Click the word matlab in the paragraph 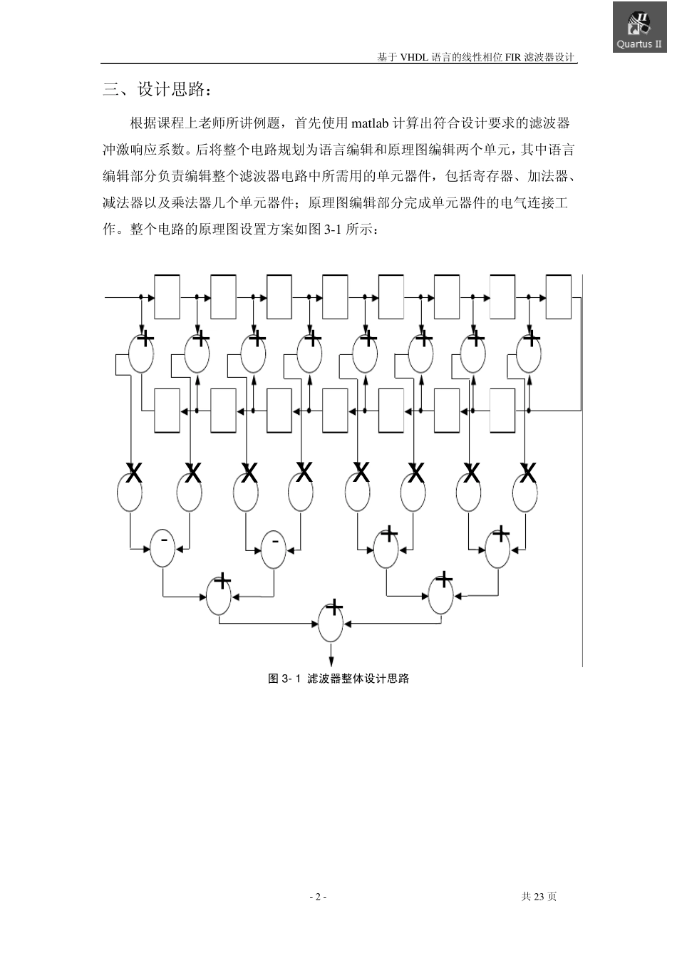click(371, 123)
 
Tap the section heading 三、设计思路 click(157, 90)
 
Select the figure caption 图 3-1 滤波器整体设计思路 click(338, 679)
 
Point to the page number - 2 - click(318, 897)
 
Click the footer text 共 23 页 click(539, 897)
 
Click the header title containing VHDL click(475, 58)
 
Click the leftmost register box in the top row click(167, 296)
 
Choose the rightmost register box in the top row click(559, 296)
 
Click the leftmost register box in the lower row click(167, 411)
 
